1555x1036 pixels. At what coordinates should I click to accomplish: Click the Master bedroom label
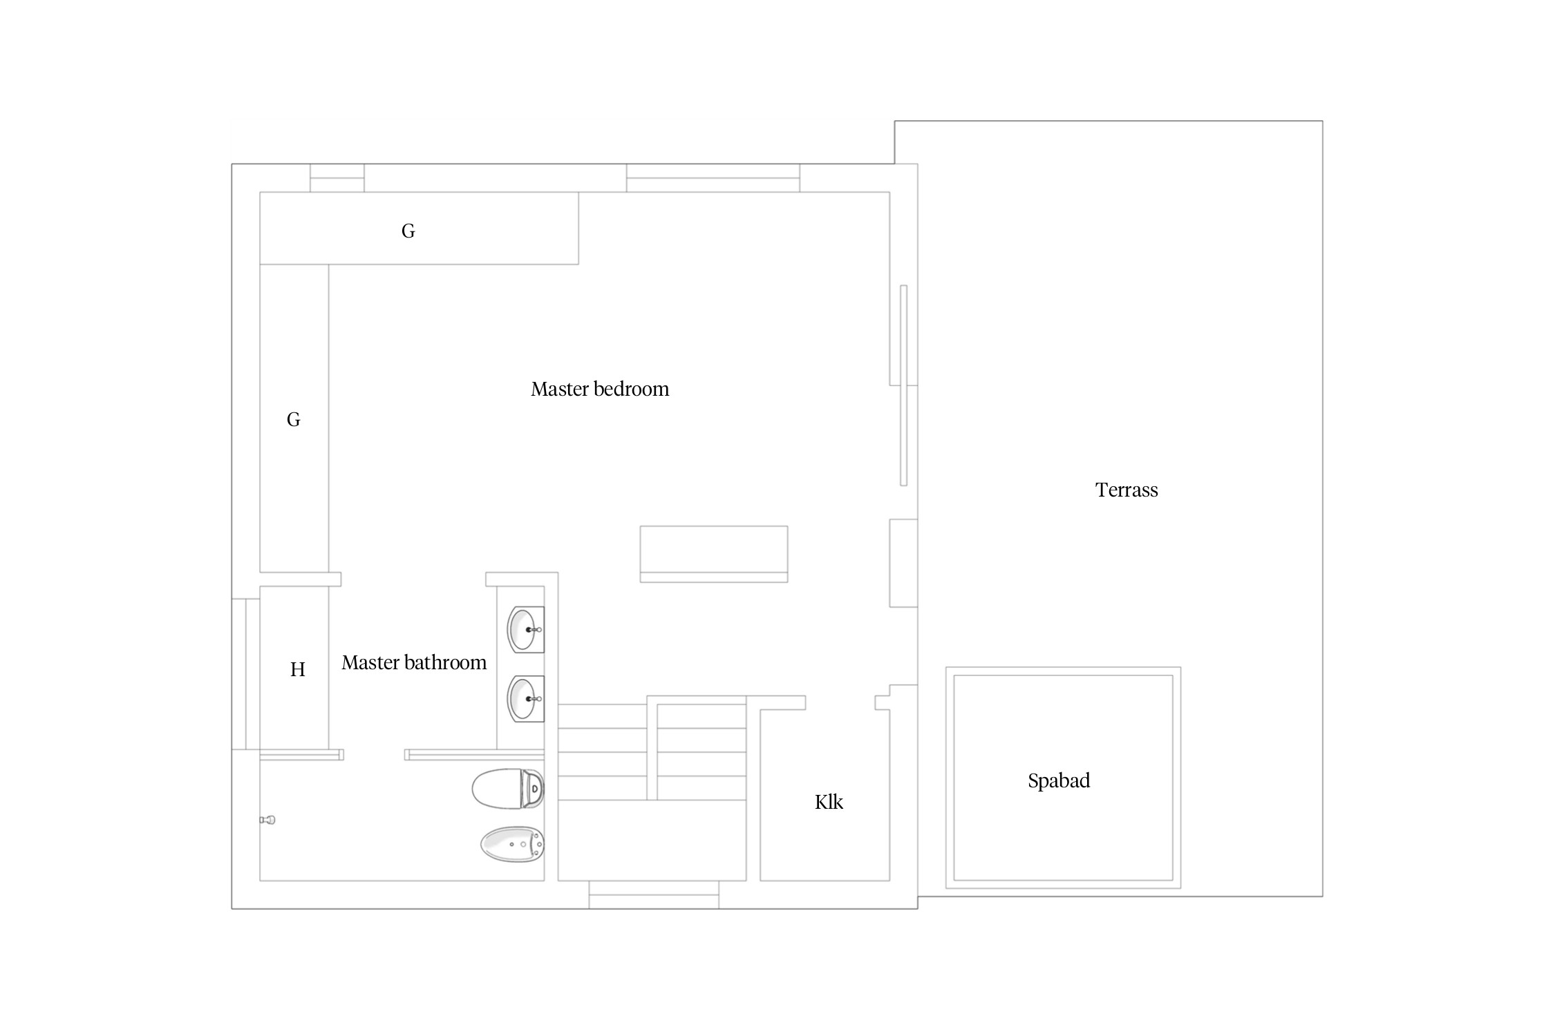pos(600,390)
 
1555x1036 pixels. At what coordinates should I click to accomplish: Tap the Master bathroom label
pos(414,663)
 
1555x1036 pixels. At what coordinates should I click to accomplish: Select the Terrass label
pos(1127,490)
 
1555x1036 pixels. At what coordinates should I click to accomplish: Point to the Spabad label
pos(1059,781)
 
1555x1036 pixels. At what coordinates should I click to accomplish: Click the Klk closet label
pos(829,802)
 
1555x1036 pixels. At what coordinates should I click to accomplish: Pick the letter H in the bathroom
pos(298,669)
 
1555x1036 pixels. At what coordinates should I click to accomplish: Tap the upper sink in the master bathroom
pos(526,629)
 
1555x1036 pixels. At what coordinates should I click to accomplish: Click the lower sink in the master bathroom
pos(526,698)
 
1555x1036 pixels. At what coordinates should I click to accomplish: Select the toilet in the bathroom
pos(508,788)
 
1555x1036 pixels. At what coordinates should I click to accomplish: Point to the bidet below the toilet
pos(512,844)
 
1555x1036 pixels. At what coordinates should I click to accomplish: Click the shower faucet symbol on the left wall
pos(267,820)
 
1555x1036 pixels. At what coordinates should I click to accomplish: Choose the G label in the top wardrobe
pos(408,231)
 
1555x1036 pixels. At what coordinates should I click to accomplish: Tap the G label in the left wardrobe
pos(294,420)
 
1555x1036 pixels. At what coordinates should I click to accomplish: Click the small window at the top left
pos(337,178)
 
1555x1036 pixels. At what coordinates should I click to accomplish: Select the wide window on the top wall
pos(713,178)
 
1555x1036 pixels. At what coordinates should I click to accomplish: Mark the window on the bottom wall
pos(654,895)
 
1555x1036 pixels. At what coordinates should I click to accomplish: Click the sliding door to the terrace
pos(903,385)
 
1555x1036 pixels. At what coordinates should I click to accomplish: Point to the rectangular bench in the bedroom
pos(714,554)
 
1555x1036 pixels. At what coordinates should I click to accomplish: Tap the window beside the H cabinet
pos(246,674)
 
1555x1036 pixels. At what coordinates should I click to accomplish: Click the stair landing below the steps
pos(652,841)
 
